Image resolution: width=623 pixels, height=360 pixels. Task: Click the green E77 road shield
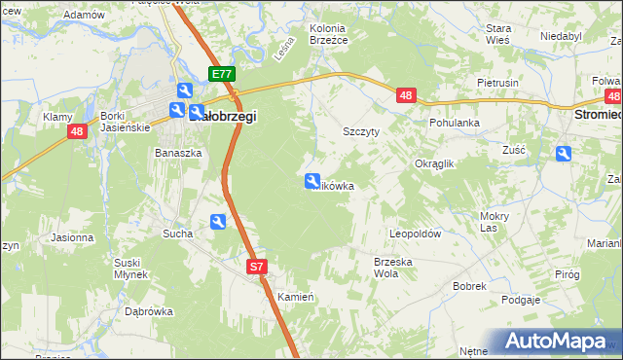222,74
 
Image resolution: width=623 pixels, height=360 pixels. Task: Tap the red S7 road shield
256,266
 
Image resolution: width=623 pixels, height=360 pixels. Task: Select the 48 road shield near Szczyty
407,94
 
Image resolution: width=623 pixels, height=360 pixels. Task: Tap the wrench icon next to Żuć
564,153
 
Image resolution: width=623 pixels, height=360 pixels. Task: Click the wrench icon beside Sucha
218,222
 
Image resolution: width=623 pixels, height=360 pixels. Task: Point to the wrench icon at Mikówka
312,180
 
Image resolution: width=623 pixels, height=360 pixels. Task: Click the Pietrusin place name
497,84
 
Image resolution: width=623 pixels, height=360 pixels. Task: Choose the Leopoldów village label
416,234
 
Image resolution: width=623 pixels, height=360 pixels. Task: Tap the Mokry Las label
495,222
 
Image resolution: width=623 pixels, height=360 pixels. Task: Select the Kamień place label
295,296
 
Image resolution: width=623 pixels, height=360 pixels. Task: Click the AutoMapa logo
558,342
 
